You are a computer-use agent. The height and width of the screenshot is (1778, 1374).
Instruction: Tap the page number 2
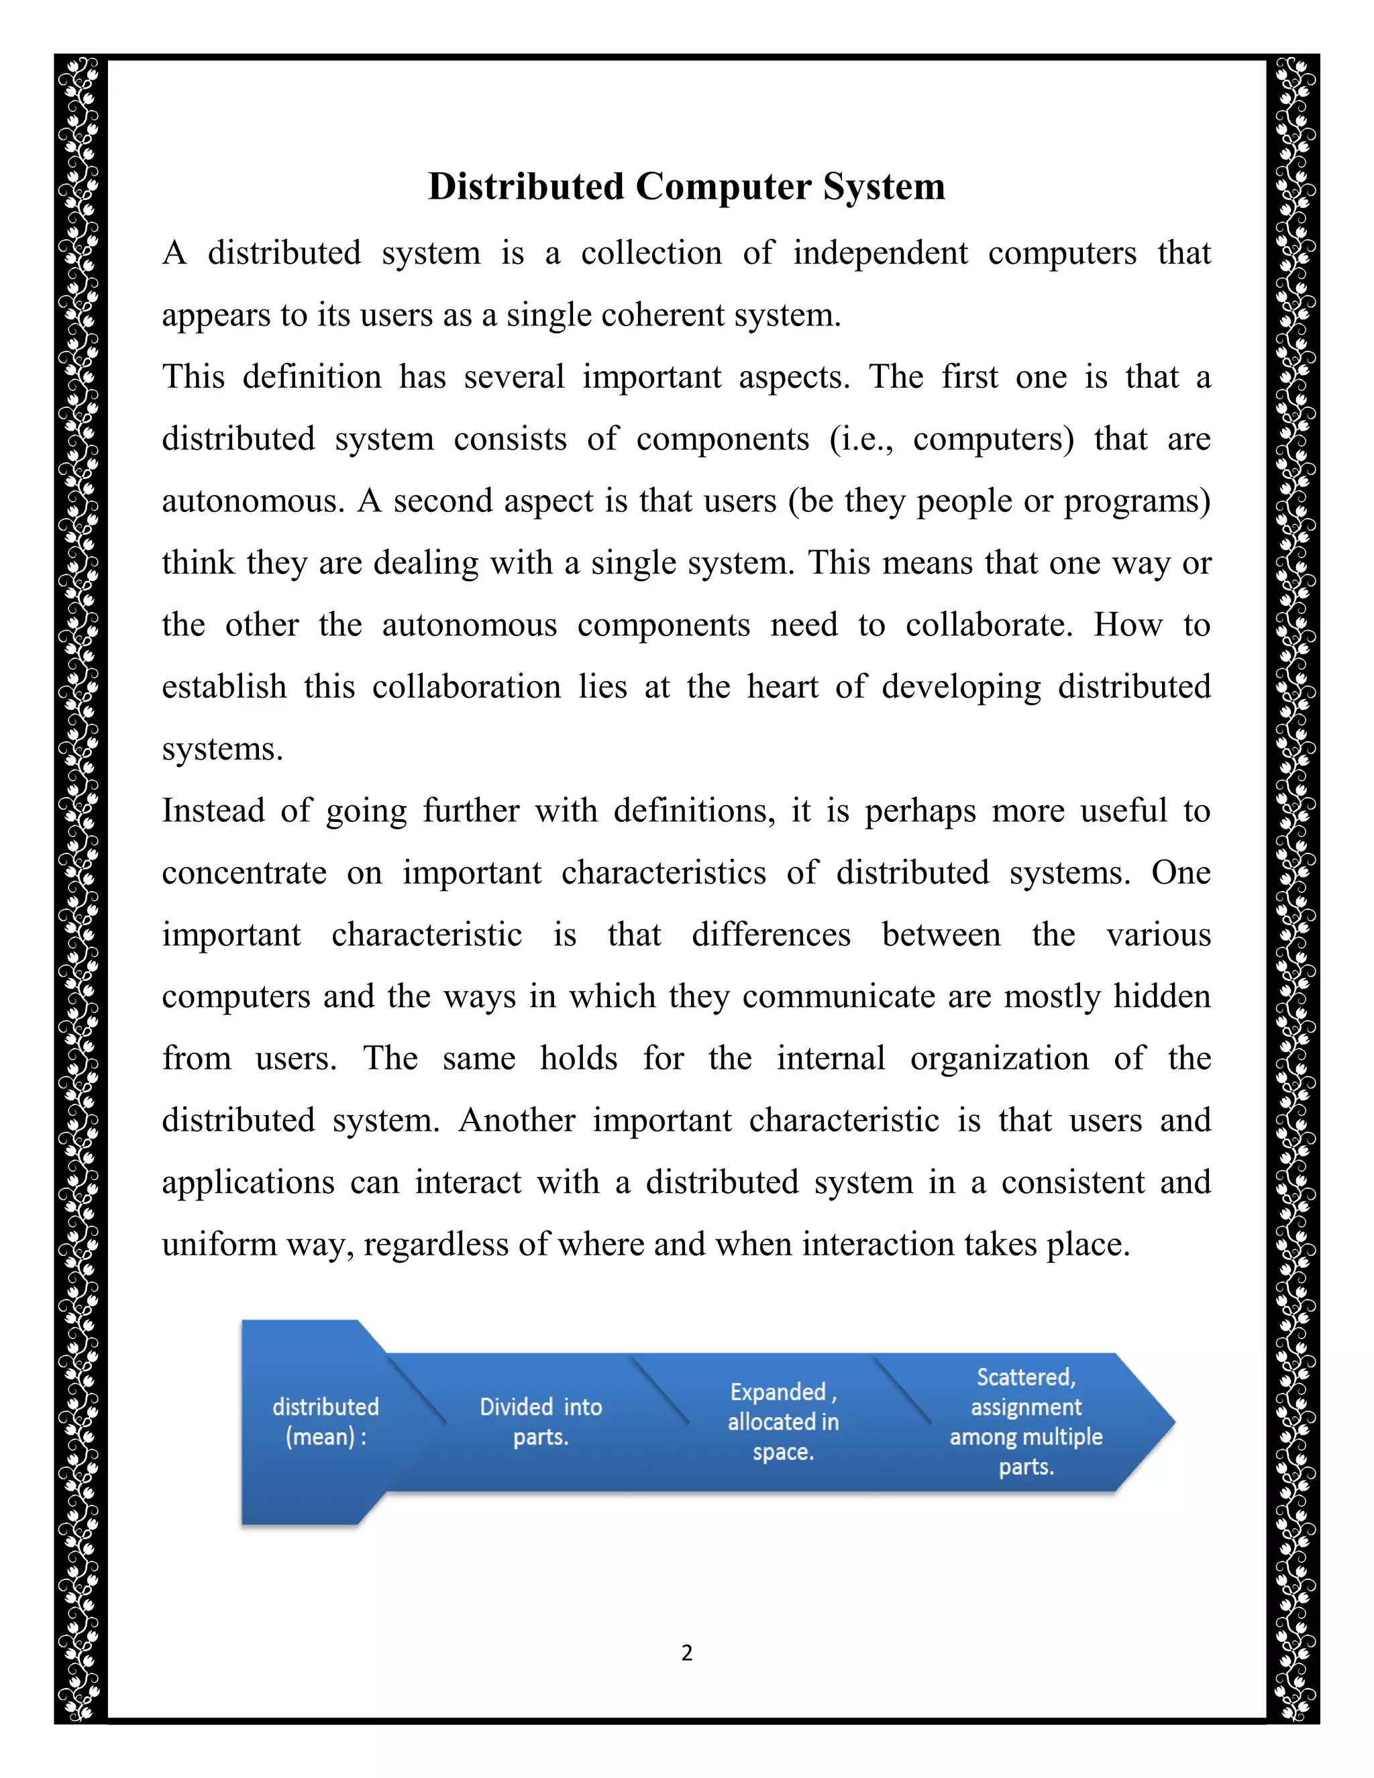687,1653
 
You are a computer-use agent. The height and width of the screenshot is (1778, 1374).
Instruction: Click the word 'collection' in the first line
651,253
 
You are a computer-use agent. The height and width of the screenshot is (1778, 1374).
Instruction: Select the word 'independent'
880,253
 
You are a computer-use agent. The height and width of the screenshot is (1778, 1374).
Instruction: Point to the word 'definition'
312,377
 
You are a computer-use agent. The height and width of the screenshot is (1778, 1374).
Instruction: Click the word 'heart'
782,687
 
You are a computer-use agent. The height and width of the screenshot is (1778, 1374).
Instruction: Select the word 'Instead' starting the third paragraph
213,811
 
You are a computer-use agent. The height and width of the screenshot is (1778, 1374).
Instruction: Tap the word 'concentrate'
244,874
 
